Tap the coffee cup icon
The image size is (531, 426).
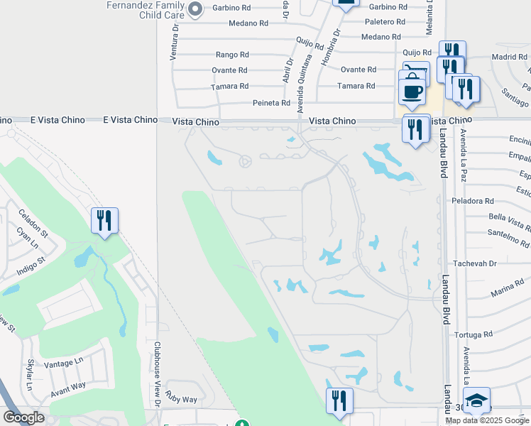[412, 92]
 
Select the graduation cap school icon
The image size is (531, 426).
[476, 401]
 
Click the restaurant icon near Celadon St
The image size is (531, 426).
[104, 221]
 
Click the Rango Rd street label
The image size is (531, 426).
[232, 55]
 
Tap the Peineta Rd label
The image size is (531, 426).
[272, 103]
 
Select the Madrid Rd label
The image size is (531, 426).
[508, 57]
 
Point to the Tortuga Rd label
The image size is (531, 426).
[475, 334]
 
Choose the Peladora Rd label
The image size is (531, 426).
[473, 201]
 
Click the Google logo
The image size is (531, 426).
[23, 417]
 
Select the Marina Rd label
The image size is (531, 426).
[507, 293]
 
